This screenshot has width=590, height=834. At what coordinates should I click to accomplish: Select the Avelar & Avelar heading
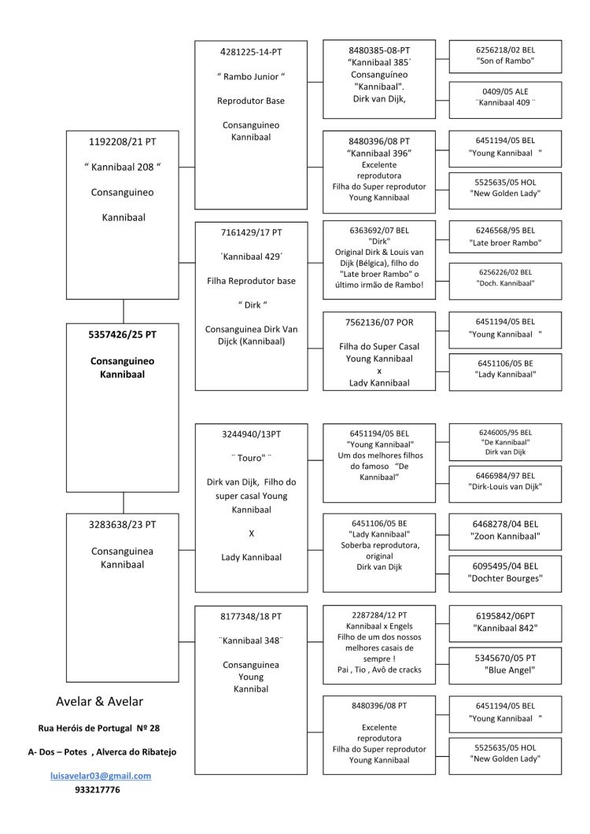pos(99,701)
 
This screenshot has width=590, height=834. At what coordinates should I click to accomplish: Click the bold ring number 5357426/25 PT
pos(123,334)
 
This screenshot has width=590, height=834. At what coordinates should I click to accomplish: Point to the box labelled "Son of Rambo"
pos(505,55)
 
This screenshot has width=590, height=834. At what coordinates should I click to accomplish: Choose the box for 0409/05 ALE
pos(505,97)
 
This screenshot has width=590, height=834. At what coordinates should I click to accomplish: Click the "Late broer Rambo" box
pos(505,236)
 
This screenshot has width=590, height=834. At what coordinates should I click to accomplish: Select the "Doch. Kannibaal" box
pos(505,277)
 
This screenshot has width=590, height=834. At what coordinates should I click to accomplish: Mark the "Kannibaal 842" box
pos(505,622)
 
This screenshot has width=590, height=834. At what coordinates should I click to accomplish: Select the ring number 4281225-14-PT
pos(251,52)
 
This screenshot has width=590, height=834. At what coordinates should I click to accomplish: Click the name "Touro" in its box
pos(251,456)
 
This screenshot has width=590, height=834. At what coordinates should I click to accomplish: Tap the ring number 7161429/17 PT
pos(251,233)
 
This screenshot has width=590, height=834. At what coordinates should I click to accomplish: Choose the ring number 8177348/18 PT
pos(251,617)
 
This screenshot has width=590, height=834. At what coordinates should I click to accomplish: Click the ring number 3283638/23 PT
pos(123,524)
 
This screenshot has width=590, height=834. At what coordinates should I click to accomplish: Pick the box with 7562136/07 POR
pos(379,351)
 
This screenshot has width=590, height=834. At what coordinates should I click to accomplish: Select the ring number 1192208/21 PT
pos(123,142)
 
